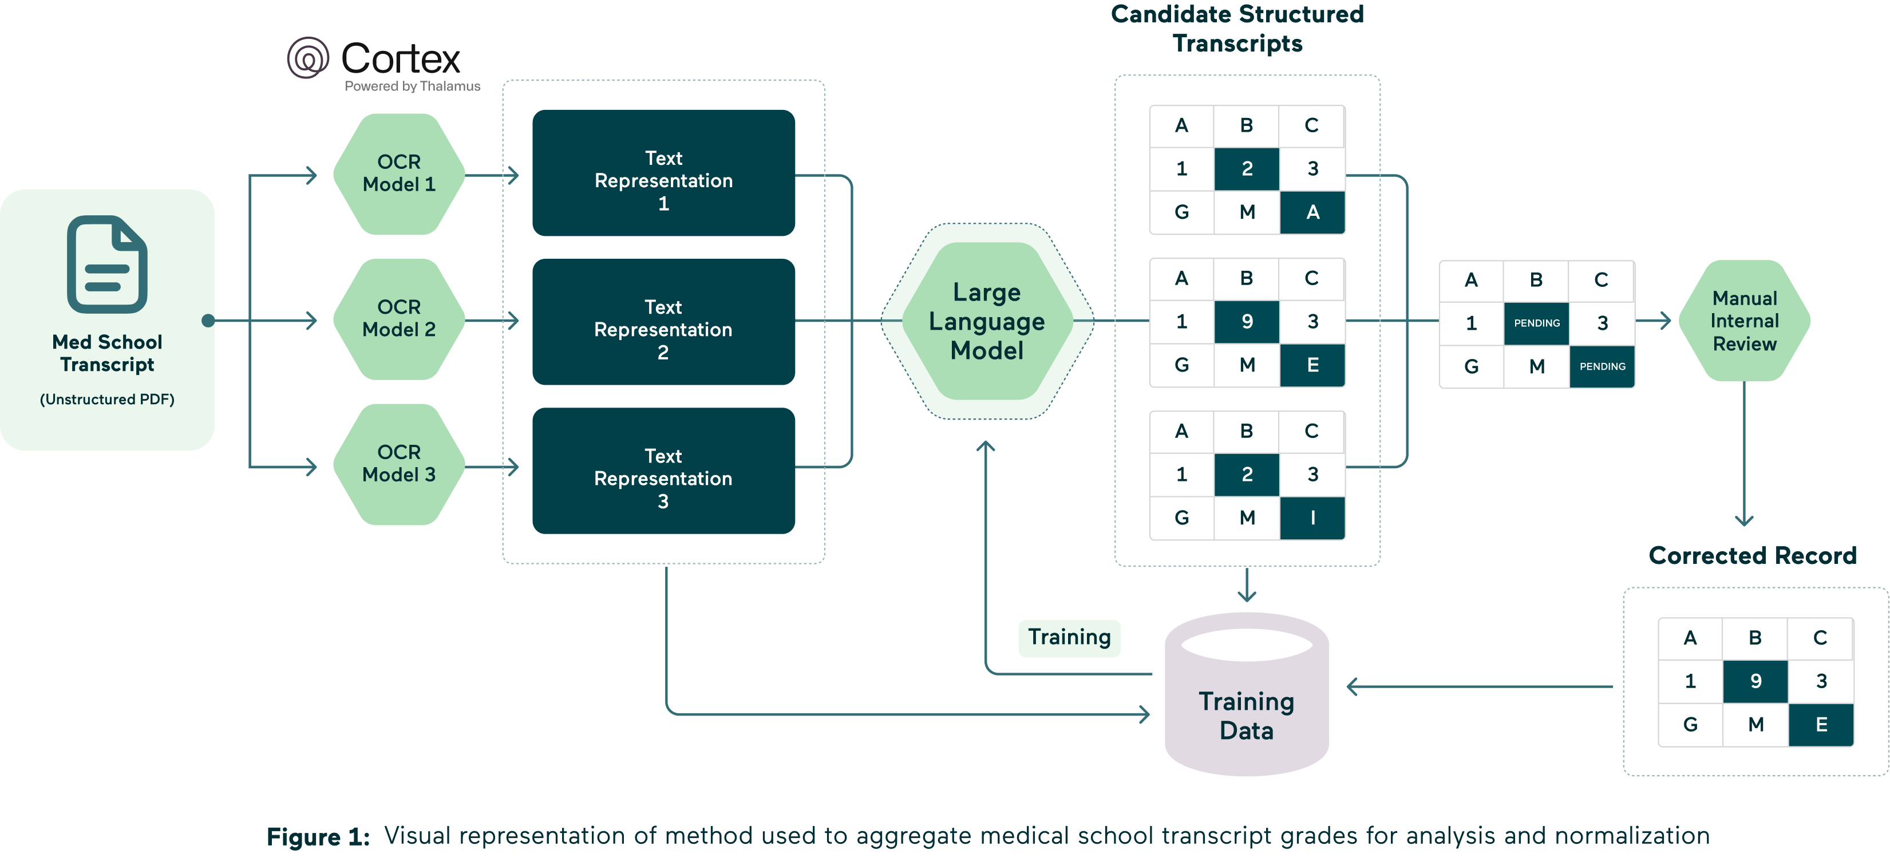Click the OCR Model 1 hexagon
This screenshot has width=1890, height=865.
point(398,174)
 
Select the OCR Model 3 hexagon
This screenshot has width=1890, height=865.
point(398,464)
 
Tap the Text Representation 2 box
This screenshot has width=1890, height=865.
point(663,322)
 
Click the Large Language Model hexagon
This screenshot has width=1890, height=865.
point(986,321)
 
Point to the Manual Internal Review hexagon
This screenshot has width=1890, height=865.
point(1744,321)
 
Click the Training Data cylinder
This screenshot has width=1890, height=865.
point(1246,704)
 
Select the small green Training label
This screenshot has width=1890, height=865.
point(1069,637)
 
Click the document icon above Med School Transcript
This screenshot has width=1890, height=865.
point(107,264)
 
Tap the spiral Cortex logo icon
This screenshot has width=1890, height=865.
point(307,58)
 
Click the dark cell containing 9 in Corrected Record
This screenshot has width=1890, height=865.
point(1755,681)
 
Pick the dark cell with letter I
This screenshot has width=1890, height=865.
point(1312,518)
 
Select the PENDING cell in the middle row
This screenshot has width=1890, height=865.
point(1536,323)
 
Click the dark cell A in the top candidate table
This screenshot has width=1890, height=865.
point(1312,212)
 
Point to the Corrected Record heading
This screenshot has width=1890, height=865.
point(1752,555)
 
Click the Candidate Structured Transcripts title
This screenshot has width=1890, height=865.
point(1237,29)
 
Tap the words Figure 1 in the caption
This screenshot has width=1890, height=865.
point(318,836)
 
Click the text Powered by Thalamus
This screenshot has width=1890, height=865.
point(412,86)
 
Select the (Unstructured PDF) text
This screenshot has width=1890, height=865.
point(107,399)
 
